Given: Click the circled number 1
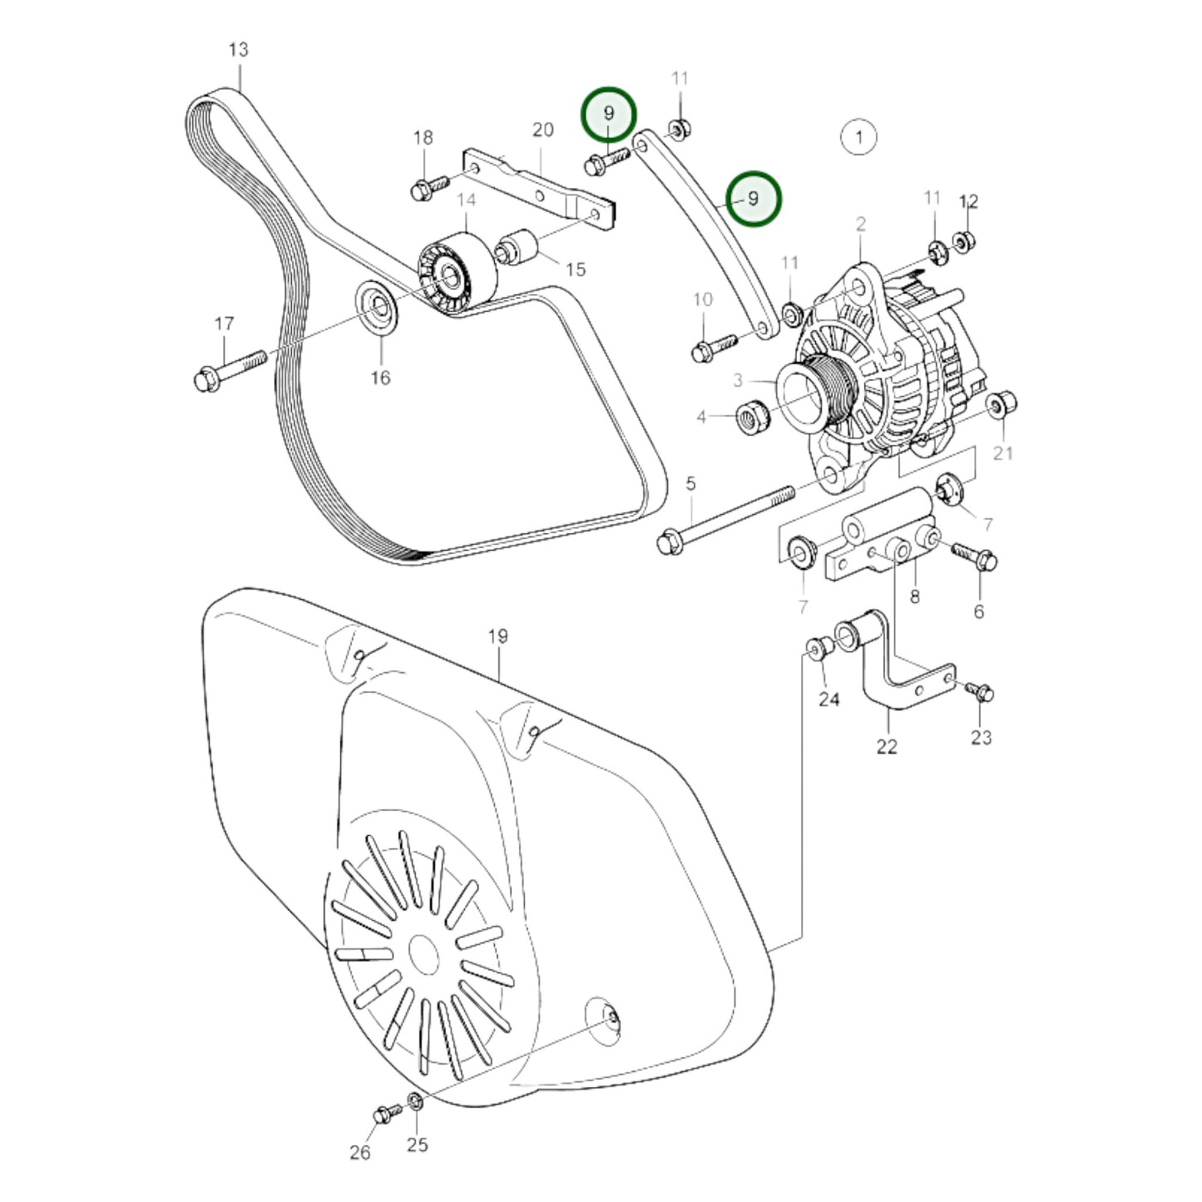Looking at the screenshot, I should click(858, 136).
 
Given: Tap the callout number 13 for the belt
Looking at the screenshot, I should click(238, 50).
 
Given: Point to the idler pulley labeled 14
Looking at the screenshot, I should click(456, 273).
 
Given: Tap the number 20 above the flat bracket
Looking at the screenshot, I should click(542, 130).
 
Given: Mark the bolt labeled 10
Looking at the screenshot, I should click(713, 347).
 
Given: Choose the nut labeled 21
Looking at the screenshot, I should click(997, 406).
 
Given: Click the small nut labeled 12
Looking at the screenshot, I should click(963, 242).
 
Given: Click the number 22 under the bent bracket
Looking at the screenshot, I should click(887, 746).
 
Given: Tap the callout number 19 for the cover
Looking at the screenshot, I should click(497, 636).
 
